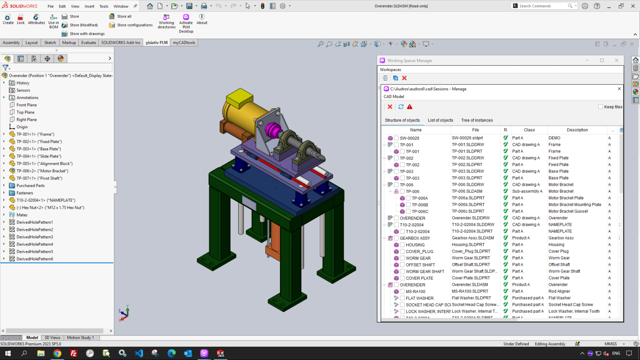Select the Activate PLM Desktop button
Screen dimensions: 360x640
pos(186,23)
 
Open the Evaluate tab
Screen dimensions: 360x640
pos(88,42)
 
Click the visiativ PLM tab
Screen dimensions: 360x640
pos(157,42)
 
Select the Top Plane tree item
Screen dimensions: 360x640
pos(25,112)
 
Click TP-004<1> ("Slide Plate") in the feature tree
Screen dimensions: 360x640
pos(38,156)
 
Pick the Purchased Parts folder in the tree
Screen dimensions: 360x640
pos(30,185)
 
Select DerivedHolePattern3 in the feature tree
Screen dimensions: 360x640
pos(35,237)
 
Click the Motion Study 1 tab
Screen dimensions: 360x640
pos(80,337)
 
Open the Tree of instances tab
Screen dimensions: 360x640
pos(477,120)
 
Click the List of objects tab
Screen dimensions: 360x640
pos(440,120)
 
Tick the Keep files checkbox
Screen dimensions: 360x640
pos(600,107)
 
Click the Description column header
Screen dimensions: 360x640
pos(577,130)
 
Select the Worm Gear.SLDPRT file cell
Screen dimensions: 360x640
pos(470,258)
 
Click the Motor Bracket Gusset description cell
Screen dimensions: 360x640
pos(568,211)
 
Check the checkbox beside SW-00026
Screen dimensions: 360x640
pos(397,138)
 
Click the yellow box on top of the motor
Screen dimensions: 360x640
pos(240,98)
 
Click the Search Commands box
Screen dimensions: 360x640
pos(542,6)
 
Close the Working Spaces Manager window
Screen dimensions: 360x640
pos(617,60)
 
